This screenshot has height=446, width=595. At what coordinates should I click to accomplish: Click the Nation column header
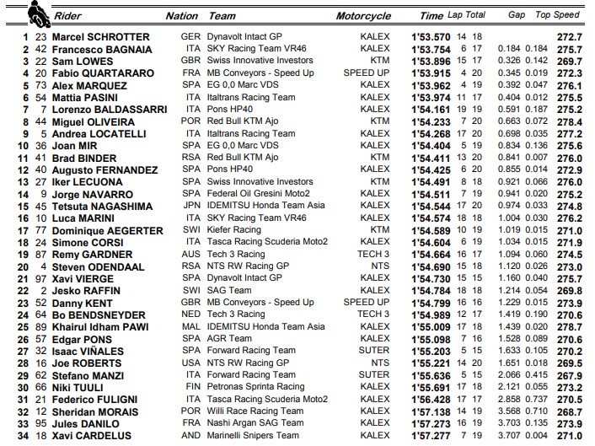tap(182, 16)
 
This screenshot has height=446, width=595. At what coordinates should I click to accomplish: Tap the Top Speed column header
tap(558, 15)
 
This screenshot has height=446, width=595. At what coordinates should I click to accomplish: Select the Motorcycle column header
tap(363, 16)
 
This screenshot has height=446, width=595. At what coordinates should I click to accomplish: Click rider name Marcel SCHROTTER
tap(101, 37)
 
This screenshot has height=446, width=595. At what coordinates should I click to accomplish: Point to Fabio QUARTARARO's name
tap(104, 73)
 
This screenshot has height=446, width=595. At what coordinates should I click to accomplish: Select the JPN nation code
tap(191, 206)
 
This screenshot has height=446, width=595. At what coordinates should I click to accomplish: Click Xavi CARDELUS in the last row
tap(94, 436)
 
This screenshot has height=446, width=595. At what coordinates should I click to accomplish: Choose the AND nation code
tap(191, 436)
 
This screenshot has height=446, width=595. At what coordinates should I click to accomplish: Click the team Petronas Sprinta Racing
tap(257, 387)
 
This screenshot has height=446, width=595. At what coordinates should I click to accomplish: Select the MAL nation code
tap(191, 327)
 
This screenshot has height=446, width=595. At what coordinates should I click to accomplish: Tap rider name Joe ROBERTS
tap(88, 363)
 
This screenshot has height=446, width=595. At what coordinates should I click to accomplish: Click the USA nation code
tap(191, 363)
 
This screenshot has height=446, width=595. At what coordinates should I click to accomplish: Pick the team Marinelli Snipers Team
tap(254, 436)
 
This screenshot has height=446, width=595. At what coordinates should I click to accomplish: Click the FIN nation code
tap(191, 387)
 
